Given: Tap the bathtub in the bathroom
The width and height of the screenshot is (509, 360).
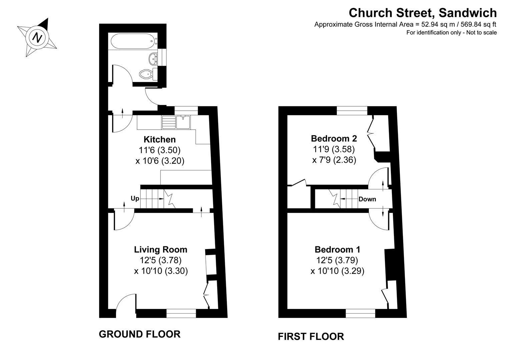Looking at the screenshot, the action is [134, 41].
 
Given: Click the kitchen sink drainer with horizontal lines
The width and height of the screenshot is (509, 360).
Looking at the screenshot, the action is [169, 122].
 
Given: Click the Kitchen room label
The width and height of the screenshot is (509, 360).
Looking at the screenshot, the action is [160, 139].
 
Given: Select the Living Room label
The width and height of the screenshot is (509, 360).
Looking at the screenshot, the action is [161, 250].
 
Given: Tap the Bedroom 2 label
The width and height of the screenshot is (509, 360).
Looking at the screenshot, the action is [334, 138].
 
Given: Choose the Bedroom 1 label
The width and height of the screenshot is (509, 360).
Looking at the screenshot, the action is [338, 250].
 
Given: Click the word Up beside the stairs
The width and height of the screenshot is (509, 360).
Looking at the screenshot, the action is [135, 199].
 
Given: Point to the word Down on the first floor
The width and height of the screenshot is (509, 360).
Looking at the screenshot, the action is [367, 199].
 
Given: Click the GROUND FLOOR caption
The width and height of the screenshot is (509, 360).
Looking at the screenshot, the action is [140, 334].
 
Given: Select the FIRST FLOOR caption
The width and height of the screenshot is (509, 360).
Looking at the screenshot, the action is [311, 336].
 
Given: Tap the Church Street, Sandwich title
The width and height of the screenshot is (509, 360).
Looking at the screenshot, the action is [423, 13].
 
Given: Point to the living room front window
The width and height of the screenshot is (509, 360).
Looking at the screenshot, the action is [181, 313].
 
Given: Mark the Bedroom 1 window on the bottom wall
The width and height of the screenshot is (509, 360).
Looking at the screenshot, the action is [360, 313].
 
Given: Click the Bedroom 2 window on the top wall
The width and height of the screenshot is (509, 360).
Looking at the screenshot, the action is [352, 111].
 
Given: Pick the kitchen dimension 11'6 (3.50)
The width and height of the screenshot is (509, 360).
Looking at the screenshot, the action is [159, 150].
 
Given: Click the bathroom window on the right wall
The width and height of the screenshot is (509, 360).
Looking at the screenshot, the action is [162, 57].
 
